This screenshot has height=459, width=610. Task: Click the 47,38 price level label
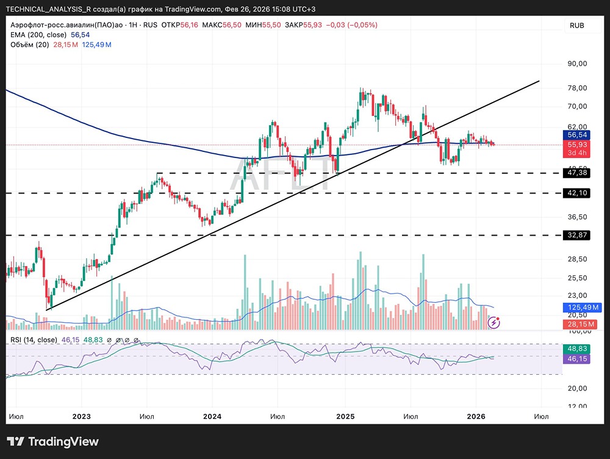pos(576,173)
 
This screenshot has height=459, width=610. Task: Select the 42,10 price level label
pos(576,193)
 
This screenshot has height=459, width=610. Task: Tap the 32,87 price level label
pos(576,235)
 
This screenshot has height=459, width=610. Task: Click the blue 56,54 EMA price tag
pos(576,135)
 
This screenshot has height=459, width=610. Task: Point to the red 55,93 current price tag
pos(576,145)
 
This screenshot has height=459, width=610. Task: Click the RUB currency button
pos(576,26)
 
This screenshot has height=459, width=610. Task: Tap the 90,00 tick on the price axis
pos(576,63)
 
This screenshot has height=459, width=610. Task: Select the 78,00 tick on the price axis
pos(576,88)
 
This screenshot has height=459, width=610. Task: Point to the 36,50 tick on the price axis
pos(576,217)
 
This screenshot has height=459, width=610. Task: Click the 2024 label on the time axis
pos(212,417)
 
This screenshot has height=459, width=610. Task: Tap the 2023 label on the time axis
pos(81,417)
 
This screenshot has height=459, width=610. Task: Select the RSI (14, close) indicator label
pos(34,339)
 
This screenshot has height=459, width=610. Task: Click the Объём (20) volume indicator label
pos(30,45)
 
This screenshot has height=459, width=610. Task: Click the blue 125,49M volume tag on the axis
pos(576,307)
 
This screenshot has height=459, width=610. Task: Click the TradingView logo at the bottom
pos(52,442)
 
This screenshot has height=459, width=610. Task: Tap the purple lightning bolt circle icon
pos(495,322)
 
